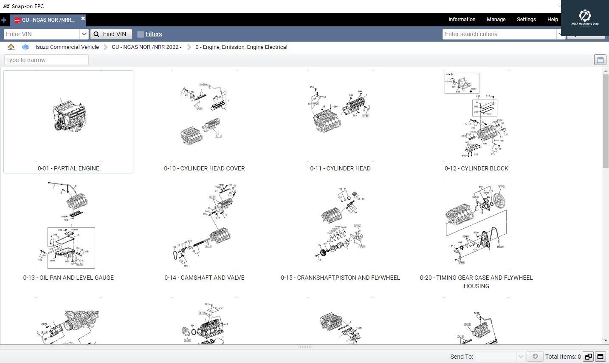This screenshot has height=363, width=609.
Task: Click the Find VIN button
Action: pyautogui.click(x=111, y=34)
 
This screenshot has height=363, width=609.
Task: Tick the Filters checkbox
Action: pyautogui.click(x=141, y=34)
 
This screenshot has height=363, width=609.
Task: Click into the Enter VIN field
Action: pyautogui.click(x=42, y=34)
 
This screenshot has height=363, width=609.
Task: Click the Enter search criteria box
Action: pyautogui.click(x=499, y=34)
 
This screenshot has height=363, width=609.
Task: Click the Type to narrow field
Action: pyautogui.click(x=46, y=60)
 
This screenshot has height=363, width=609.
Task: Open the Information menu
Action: pyautogui.click(x=462, y=20)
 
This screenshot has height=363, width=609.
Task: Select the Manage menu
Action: pyautogui.click(x=496, y=20)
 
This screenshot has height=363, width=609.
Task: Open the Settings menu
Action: pyautogui.click(x=526, y=20)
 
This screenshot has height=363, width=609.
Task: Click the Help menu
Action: pyautogui.click(x=552, y=20)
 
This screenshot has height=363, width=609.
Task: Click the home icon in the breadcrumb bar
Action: pyautogui.click(x=11, y=47)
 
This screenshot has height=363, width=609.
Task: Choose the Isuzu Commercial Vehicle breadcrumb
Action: pyautogui.click(x=67, y=47)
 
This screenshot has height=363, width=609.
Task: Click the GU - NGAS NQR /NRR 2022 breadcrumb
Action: pyautogui.click(x=146, y=47)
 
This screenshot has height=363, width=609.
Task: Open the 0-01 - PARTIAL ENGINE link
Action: pyautogui.click(x=68, y=168)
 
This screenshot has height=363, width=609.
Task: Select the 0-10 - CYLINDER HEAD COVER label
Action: pyautogui.click(x=204, y=168)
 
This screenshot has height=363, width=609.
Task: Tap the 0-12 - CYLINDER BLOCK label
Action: pyautogui.click(x=476, y=168)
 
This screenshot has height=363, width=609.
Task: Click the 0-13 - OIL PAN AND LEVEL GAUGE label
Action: pyautogui.click(x=68, y=278)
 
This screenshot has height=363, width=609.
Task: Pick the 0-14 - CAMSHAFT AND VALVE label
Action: pyautogui.click(x=204, y=278)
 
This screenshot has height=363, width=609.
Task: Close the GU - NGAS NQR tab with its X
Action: pyautogui.click(x=83, y=18)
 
